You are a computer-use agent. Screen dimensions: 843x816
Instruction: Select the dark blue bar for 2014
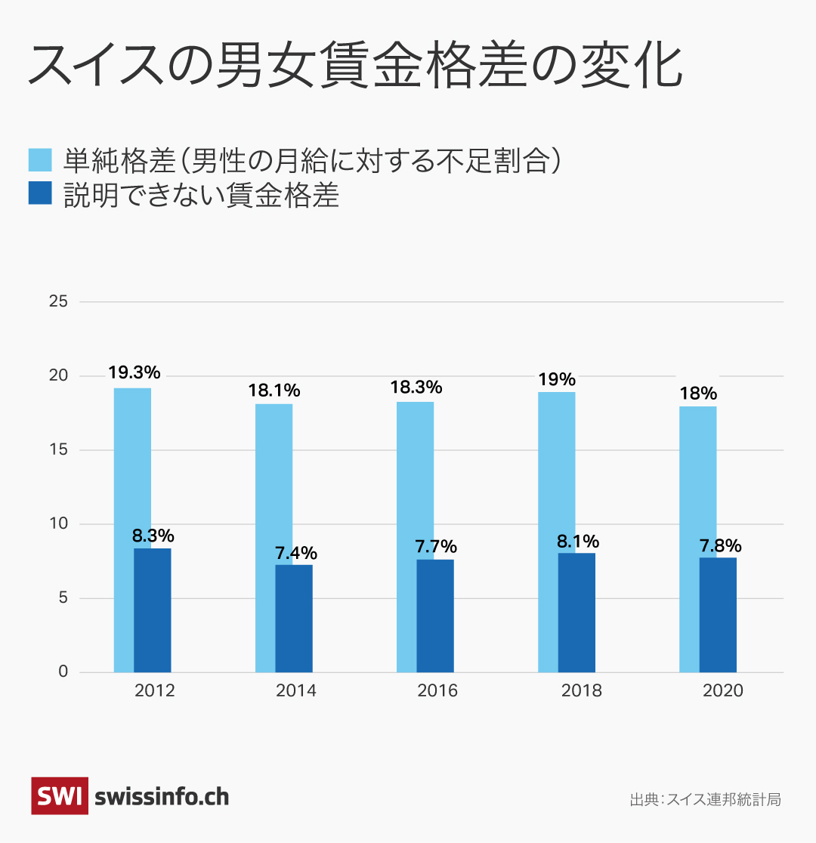click(294, 619)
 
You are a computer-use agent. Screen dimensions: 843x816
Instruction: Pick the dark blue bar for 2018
click(576, 613)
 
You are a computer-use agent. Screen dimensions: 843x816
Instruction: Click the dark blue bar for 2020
click(718, 615)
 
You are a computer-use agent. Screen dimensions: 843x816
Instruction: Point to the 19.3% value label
click(134, 372)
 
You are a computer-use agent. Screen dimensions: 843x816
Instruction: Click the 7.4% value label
click(295, 552)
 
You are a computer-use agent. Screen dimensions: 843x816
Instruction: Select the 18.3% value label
click(416, 388)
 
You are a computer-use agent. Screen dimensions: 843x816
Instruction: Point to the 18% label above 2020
click(697, 394)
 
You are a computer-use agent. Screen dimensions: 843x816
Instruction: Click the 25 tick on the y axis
click(58, 302)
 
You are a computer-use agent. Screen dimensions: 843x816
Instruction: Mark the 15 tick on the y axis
click(58, 450)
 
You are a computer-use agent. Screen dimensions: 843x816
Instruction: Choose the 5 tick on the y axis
click(63, 598)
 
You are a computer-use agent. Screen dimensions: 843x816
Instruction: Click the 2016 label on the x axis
click(437, 691)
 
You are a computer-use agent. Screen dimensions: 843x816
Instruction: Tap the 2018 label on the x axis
click(581, 691)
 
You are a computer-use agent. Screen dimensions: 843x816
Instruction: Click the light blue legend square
click(40, 160)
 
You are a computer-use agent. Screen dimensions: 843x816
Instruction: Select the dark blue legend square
click(40, 193)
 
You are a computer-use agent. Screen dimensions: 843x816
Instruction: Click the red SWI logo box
click(60, 796)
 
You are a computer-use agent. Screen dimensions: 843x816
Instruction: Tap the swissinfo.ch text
click(162, 796)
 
